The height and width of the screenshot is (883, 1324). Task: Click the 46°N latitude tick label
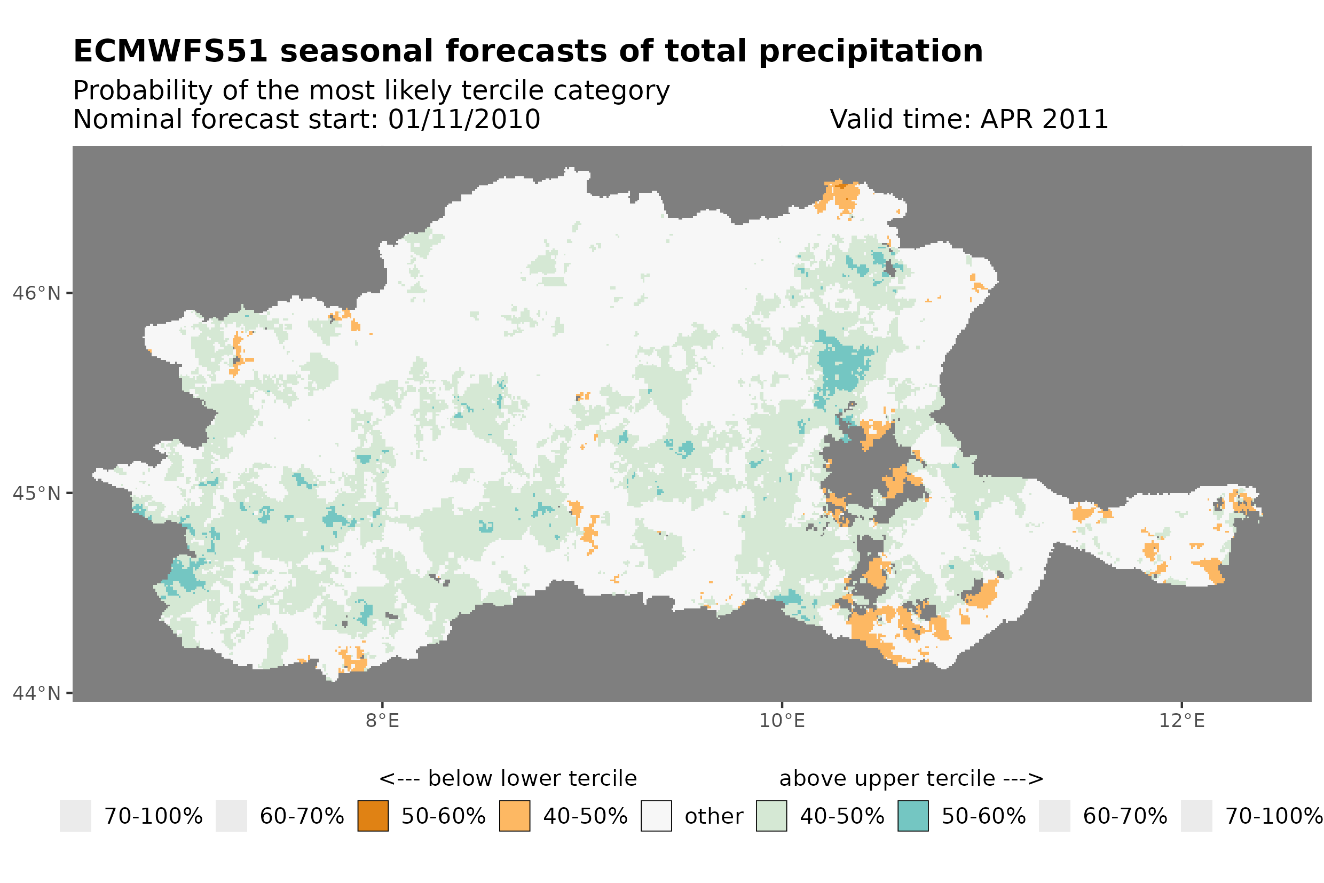[36, 293]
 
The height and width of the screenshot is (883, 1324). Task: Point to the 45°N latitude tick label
[36, 493]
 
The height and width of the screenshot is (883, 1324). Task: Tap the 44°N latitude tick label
[36, 693]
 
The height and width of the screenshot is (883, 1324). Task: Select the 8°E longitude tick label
[382, 720]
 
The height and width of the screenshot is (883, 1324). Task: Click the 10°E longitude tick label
[782, 720]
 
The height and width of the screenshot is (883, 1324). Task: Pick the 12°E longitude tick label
[1181, 720]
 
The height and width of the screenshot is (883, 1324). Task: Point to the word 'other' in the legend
[713, 816]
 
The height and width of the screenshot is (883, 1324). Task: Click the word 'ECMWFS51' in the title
[170, 51]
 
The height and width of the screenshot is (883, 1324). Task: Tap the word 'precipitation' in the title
[870, 51]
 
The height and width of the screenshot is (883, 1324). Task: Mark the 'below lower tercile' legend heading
[532, 778]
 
